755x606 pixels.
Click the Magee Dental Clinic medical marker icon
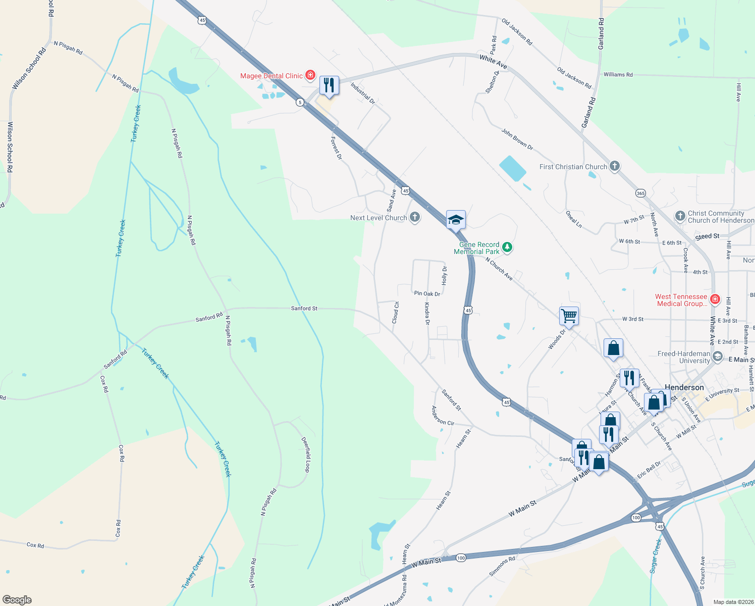click(x=310, y=76)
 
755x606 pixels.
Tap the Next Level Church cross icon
click(x=415, y=218)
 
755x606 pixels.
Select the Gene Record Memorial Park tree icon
click(x=507, y=247)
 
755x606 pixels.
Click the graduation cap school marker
click(x=455, y=220)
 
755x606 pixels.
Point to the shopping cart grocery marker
click(x=569, y=316)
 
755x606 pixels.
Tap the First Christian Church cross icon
click(x=614, y=166)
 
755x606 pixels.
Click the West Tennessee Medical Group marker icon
click(x=715, y=299)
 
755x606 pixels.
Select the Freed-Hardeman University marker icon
click(x=718, y=357)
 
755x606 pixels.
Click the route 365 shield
click(x=640, y=193)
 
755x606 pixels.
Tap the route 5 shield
click(x=300, y=103)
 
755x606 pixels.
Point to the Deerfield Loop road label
click(x=306, y=454)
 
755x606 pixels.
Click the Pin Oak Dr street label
click(x=427, y=293)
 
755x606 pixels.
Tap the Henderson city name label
click(x=684, y=387)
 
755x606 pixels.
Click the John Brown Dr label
click(x=517, y=139)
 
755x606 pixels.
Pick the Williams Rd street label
click(x=618, y=75)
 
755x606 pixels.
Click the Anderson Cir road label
click(x=443, y=416)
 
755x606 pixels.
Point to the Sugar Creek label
click(x=656, y=556)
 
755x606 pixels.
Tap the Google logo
click(x=17, y=600)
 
